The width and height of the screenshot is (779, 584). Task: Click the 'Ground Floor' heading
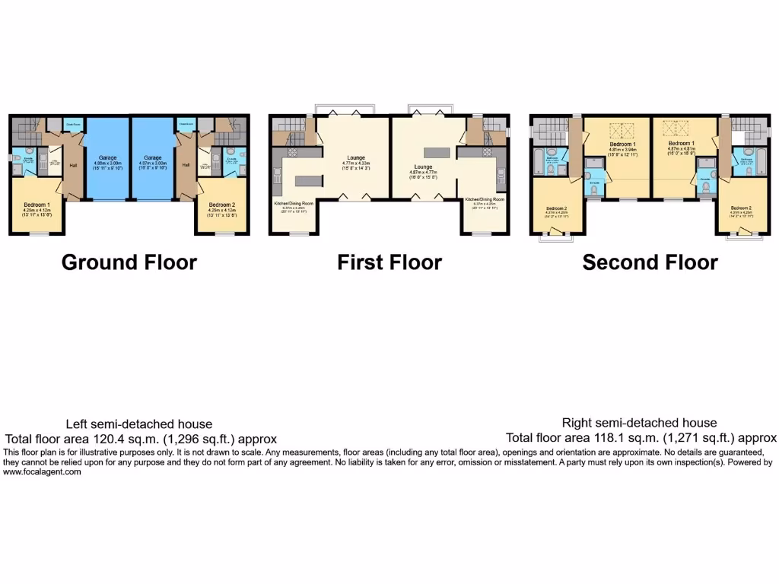click(x=129, y=262)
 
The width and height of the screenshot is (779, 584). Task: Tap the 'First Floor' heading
click(x=389, y=262)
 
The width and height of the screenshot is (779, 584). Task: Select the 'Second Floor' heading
click(x=650, y=262)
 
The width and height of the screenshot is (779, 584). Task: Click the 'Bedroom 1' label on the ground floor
click(x=37, y=205)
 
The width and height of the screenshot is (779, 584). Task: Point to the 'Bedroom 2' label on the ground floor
click(x=221, y=205)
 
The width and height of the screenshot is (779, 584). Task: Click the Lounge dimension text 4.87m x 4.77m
click(x=423, y=173)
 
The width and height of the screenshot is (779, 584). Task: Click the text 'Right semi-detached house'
click(x=639, y=423)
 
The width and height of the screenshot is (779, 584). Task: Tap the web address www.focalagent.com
click(x=42, y=471)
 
